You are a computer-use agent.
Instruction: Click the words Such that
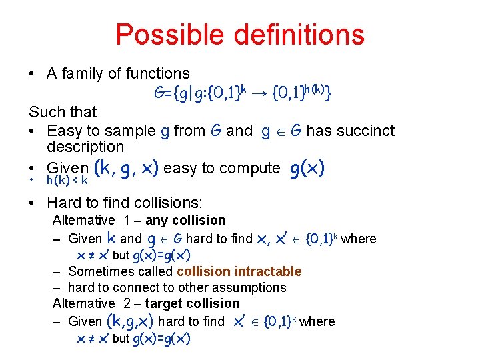[63, 112]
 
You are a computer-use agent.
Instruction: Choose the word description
[85, 147]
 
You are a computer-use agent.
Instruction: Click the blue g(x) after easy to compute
[307, 169]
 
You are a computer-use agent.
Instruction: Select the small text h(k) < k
[67, 181]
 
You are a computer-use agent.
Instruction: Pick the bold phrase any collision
[193, 220]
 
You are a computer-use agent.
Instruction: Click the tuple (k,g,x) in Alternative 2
[130, 321]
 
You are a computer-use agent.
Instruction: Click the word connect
[133, 287]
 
